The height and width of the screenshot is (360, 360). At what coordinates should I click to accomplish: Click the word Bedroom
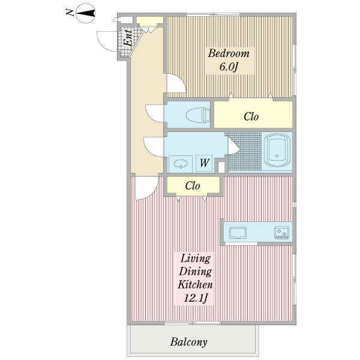click(228, 53)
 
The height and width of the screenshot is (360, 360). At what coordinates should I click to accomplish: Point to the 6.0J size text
click(228, 67)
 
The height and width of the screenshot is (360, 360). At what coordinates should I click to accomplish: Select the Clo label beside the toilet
click(251, 116)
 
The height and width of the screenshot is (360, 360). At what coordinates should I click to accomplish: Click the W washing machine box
click(204, 163)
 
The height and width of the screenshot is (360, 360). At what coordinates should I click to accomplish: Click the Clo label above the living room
click(192, 186)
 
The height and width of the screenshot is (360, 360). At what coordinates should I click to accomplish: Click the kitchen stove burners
click(281, 232)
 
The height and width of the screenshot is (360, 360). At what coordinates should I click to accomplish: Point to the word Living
click(196, 259)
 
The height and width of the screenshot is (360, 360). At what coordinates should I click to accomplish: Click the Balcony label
click(188, 343)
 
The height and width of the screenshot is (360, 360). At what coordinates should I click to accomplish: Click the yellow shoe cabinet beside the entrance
click(146, 22)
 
